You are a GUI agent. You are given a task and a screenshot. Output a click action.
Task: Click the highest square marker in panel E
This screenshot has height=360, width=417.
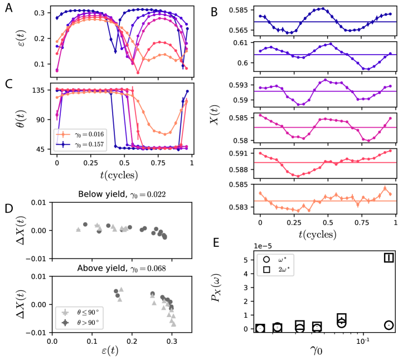389,257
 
